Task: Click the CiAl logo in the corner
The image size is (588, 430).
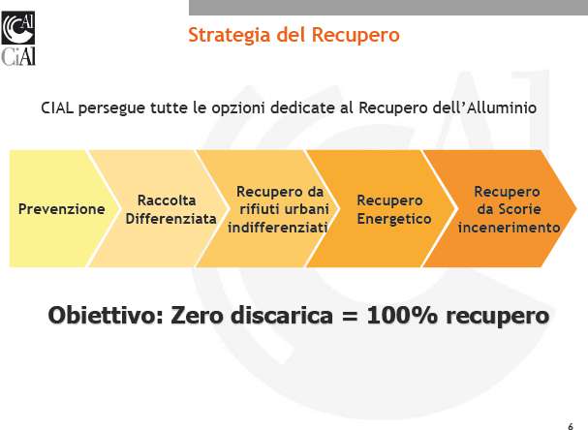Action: coord(18,38)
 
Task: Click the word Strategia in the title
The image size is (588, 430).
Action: coord(230,35)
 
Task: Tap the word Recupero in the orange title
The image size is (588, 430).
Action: coord(356,35)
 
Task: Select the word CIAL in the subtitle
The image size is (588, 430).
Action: coord(57,107)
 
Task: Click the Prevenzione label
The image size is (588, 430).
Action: coord(61,209)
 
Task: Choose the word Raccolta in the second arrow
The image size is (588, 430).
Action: coord(167,200)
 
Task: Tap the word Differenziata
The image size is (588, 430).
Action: coord(171,219)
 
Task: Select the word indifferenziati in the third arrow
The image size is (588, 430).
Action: coord(277,228)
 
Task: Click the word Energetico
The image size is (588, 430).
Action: coord(394,219)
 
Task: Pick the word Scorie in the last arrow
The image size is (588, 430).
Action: coord(520,209)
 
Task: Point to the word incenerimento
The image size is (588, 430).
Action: coord(509,228)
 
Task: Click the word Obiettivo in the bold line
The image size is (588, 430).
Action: coord(106,315)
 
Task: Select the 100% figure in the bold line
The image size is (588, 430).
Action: coord(402,315)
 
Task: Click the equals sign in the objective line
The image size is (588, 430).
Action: coord(349,316)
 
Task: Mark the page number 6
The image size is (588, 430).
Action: coord(571,426)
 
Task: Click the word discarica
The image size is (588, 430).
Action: coord(282,315)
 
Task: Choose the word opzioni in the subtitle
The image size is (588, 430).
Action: coord(237,108)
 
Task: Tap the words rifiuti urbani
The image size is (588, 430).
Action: coord(284,209)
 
